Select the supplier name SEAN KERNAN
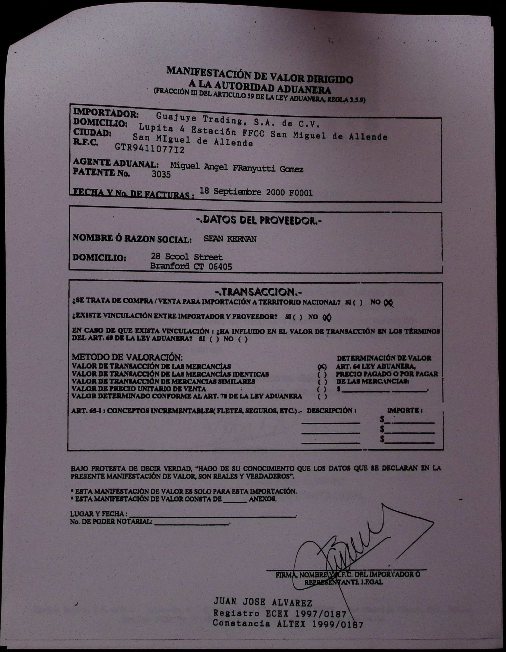[230, 239]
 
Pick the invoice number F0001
[300, 193]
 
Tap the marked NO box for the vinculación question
[327, 318]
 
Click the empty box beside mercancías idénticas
[322, 374]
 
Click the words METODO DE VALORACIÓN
[127, 357]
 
